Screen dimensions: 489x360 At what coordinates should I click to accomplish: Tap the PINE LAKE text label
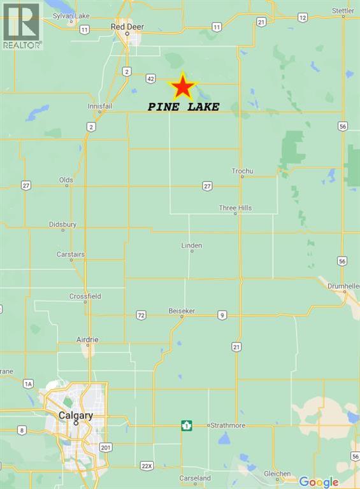[x=184, y=107]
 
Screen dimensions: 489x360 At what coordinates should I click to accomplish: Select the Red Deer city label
[x=127, y=27]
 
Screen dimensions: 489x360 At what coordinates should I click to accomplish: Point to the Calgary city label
[x=76, y=415]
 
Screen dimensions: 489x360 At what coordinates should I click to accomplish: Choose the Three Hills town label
[x=236, y=208]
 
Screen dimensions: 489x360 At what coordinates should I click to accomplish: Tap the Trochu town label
[x=242, y=171]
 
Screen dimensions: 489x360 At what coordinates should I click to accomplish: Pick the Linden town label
[x=191, y=245]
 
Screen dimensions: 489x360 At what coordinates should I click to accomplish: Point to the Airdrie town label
[x=87, y=339]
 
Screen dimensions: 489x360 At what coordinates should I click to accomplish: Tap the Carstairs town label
[x=70, y=254]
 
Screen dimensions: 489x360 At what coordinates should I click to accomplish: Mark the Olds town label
[x=66, y=180]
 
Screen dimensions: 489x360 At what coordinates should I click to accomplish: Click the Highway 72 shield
[x=141, y=315]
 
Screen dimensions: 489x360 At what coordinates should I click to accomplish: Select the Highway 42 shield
[x=150, y=78]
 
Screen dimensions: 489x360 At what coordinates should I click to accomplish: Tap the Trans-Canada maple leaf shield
[x=187, y=425]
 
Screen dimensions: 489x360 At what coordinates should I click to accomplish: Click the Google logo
[x=319, y=481]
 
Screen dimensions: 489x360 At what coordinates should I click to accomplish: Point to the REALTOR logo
[x=22, y=25]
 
